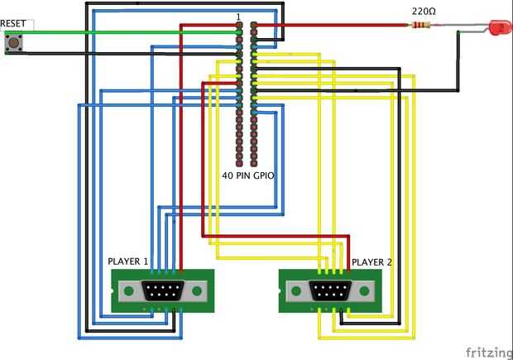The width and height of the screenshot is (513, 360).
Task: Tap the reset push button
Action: pos(12,43)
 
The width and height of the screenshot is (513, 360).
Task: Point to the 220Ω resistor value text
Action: pos(423,12)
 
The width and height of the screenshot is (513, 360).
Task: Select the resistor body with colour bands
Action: pos(420,26)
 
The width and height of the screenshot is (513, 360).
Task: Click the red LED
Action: pos(500,27)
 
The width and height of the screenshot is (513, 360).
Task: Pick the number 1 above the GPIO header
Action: pos(238,17)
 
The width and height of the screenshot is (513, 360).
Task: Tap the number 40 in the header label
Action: pos(228,176)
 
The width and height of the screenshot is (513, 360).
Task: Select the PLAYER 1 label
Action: pos(128,262)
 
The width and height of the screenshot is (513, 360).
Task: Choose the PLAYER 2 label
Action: pos(372,262)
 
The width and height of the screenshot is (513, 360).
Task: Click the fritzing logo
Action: pos(488,351)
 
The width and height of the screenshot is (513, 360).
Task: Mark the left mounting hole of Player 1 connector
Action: pos(128,290)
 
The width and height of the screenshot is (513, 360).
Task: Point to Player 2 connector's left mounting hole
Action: pos(294,290)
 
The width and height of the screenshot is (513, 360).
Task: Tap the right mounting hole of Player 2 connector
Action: pos(364,290)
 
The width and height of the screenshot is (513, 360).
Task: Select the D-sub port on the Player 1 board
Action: pos(162,290)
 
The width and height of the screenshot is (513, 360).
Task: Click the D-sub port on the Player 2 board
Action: pos(328,290)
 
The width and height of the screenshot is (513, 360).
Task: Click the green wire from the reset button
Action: pos(124,32)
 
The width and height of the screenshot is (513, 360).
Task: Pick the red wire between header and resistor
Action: pos(331,26)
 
